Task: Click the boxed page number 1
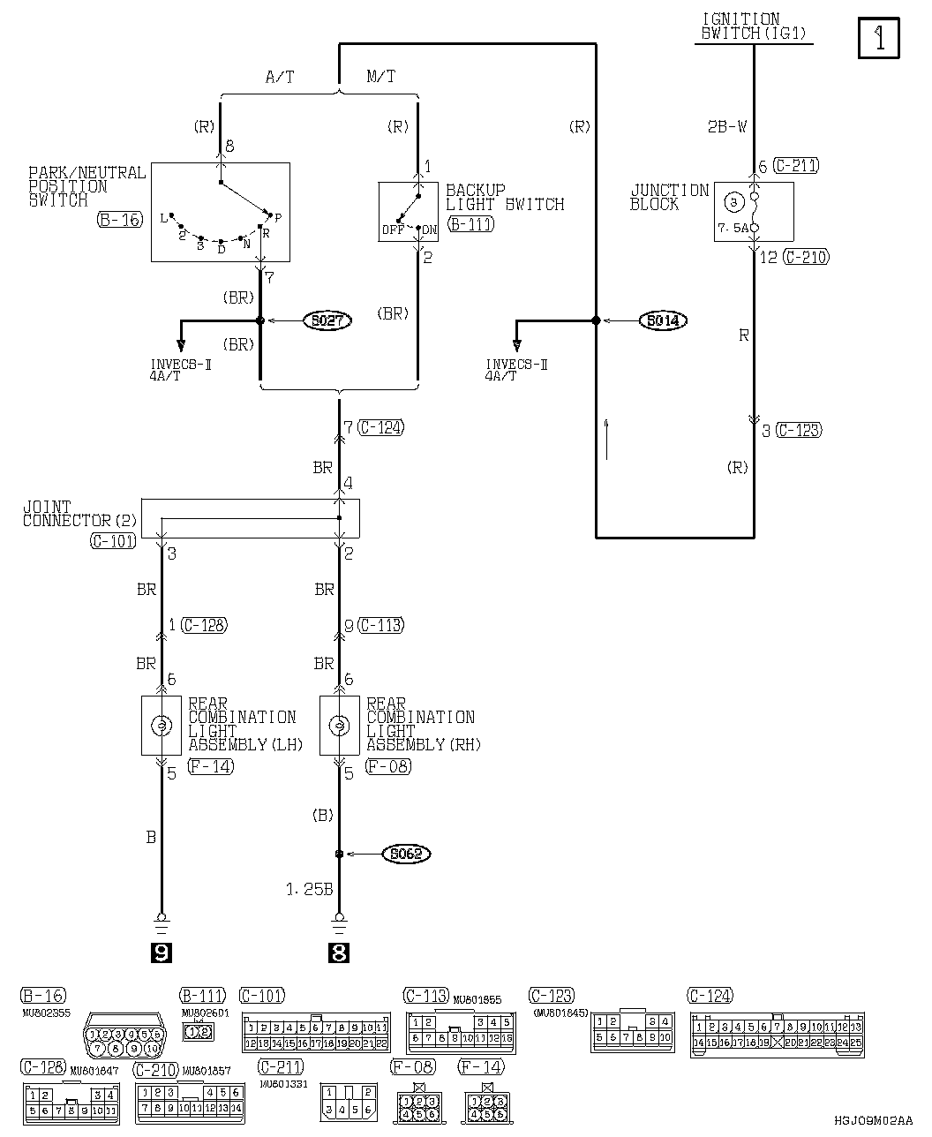pos(878,40)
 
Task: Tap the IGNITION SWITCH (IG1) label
pos(753,26)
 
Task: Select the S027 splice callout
pos(327,320)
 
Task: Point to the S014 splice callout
pos(662,320)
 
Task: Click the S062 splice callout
pos(406,854)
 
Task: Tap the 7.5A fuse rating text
pos(733,227)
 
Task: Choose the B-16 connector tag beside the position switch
pos(119,220)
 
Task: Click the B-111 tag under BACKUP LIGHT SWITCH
pos(470,224)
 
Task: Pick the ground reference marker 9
pos(161,953)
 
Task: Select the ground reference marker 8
pos(339,953)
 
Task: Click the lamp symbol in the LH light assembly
pos(162,725)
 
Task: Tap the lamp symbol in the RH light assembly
pos(339,725)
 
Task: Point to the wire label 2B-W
pos(726,127)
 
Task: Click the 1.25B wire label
pos(309,889)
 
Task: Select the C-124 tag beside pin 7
pos(381,428)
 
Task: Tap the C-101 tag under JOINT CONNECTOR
pos(113,540)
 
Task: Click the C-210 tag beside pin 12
pos(807,258)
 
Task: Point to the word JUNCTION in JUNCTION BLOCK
pos(670,191)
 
